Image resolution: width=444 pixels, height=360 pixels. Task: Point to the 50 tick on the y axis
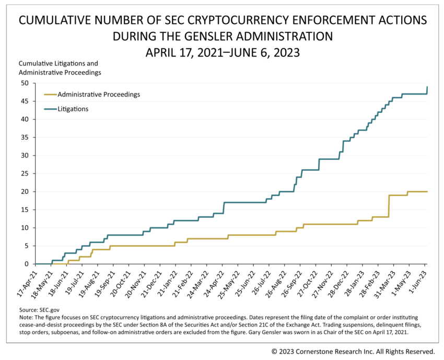pos(25,83)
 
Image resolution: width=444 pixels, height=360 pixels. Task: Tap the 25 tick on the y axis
pos(25,173)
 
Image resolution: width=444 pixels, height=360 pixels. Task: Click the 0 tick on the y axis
pos(27,264)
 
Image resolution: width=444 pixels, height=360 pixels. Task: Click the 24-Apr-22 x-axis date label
pos(214,282)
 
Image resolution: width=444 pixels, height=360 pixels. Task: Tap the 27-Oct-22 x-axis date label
pos(307,282)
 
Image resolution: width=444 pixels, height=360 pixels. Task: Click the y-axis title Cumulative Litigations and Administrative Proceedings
pos(60,68)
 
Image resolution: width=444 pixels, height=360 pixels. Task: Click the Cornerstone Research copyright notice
pos(353,351)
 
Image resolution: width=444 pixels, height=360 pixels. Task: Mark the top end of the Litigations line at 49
pos(427,87)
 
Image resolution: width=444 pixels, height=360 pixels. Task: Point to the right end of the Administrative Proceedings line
pos(427,192)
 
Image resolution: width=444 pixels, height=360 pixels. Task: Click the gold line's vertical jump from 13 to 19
pos(389,206)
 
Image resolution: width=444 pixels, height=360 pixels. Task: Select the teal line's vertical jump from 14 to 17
pos(224,208)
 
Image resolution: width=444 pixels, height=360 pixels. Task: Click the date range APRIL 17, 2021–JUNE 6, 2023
pos(222,52)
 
